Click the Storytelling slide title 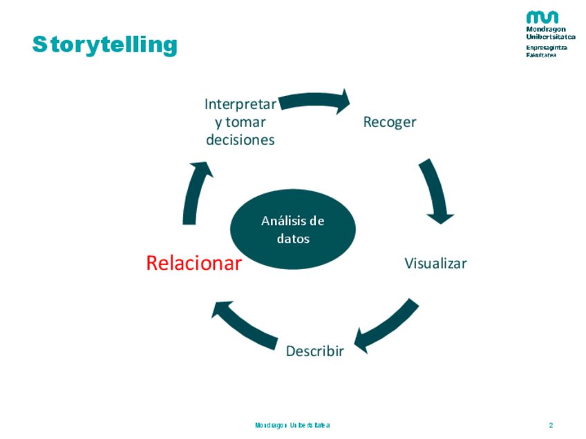click(104, 45)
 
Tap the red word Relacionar click(193, 263)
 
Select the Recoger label click(390, 122)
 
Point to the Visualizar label click(435, 263)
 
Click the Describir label click(314, 351)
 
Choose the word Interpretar click(240, 104)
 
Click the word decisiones click(240, 139)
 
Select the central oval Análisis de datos click(292, 230)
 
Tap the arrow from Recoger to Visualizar click(436, 191)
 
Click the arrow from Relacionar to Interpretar click(195, 193)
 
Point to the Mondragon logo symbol click(542, 18)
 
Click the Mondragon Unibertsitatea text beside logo click(550, 33)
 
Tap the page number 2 click(551, 425)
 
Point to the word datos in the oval click(292, 239)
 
